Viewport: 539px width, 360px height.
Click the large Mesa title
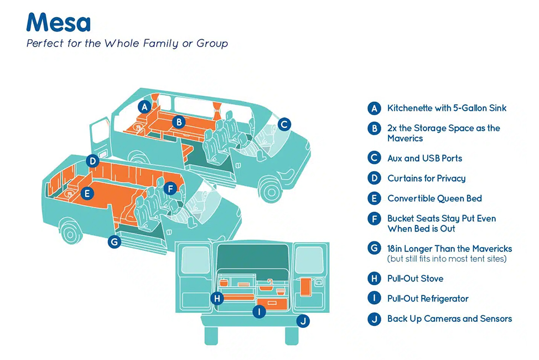(x=59, y=22)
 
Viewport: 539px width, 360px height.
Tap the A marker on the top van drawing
(x=145, y=107)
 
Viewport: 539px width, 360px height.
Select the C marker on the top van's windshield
(x=284, y=124)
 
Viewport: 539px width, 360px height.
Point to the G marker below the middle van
(x=115, y=241)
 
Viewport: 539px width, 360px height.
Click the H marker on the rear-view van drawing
(x=217, y=298)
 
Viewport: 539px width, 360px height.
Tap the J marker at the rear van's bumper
(x=303, y=321)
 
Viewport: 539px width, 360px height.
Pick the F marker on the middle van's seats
(x=170, y=188)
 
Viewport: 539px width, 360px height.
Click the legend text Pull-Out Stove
(x=415, y=279)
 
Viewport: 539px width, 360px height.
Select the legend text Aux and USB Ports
(x=425, y=158)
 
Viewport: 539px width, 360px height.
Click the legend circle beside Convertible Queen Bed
(x=374, y=199)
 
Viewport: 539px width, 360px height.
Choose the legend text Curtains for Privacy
(x=427, y=178)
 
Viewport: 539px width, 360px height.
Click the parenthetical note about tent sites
(x=447, y=259)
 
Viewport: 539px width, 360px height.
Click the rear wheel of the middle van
(x=70, y=234)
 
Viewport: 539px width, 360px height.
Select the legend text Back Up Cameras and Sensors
(x=449, y=318)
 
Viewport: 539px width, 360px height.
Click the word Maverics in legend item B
(x=405, y=138)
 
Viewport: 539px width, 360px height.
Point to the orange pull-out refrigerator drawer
(x=272, y=304)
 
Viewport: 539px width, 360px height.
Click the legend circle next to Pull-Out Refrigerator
(x=374, y=299)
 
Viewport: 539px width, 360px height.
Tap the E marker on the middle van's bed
(x=87, y=193)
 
